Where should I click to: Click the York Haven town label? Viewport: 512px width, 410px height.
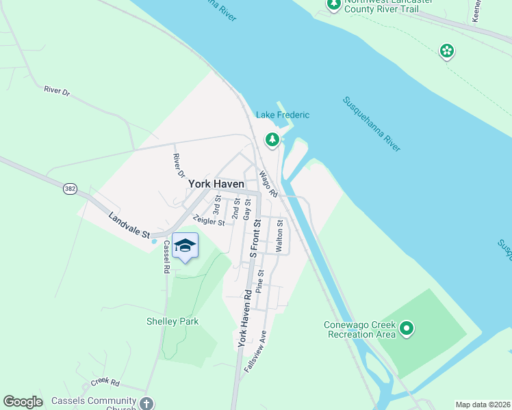point(216,184)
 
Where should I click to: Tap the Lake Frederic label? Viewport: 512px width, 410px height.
point(283,115)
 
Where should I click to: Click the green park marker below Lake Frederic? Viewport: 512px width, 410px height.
point(272,140)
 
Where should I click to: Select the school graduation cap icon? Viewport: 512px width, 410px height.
point(185,246)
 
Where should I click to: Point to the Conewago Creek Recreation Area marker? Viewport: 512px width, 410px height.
point(407,329)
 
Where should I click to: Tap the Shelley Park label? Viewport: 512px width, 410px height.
point(172,321)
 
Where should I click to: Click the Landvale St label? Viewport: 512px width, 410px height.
point(129,225)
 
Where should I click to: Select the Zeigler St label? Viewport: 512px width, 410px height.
point(209,221)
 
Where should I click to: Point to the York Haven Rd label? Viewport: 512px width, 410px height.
point(244,318)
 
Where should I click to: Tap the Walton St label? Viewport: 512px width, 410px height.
point(279,236)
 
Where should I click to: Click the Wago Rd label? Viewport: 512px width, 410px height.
point(268,184)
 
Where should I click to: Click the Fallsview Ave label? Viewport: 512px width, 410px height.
point(255,351)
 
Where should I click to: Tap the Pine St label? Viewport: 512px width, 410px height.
point(259,282)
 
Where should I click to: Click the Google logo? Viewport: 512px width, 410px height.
point(23,402)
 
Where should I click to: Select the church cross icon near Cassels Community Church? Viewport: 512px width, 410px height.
point(146,402)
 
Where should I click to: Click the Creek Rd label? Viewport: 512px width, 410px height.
point(105,383)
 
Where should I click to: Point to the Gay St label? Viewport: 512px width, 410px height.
point(247,208)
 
